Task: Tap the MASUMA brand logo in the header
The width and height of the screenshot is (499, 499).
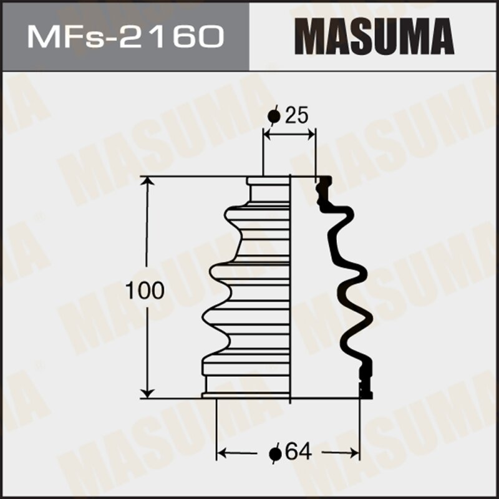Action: [x=374, y=36]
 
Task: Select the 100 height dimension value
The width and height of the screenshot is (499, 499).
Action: [x=145, y=290]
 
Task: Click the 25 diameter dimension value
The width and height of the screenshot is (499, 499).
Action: [x=296, y=115]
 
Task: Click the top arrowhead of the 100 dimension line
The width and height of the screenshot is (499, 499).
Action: [x=148, y=182]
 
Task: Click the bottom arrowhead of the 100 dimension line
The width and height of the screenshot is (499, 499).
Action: [x=148, y=392]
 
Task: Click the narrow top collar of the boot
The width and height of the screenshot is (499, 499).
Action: [x=268, y=182]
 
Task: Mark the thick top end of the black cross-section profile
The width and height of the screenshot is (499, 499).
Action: [x=324, y=183]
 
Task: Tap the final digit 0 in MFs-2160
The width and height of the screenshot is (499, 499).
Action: [x=211, y=36]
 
